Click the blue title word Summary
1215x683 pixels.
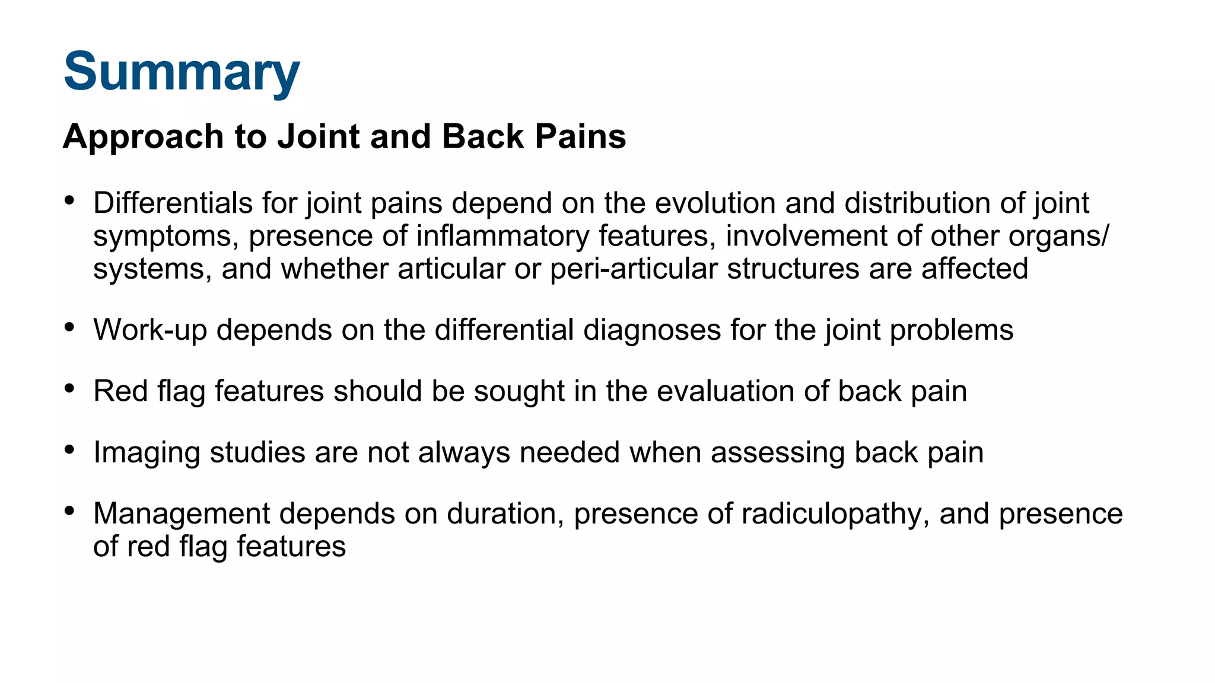coord(182,72)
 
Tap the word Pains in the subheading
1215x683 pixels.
coord(580,136)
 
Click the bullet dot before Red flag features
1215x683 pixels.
coord(70,388)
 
